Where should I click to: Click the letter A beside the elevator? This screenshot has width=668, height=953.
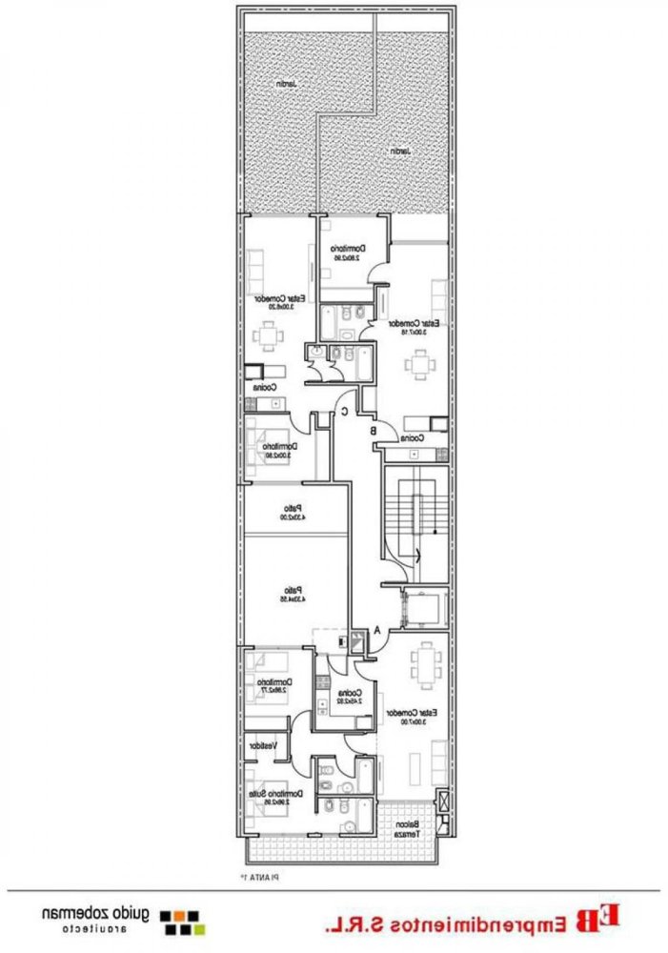[x=378, y=630]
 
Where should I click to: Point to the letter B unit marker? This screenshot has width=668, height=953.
[x=374, y=430]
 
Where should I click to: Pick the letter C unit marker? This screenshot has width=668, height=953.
[x=345, y=412]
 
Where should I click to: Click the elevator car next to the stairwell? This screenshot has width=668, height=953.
[x=417, y=608]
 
